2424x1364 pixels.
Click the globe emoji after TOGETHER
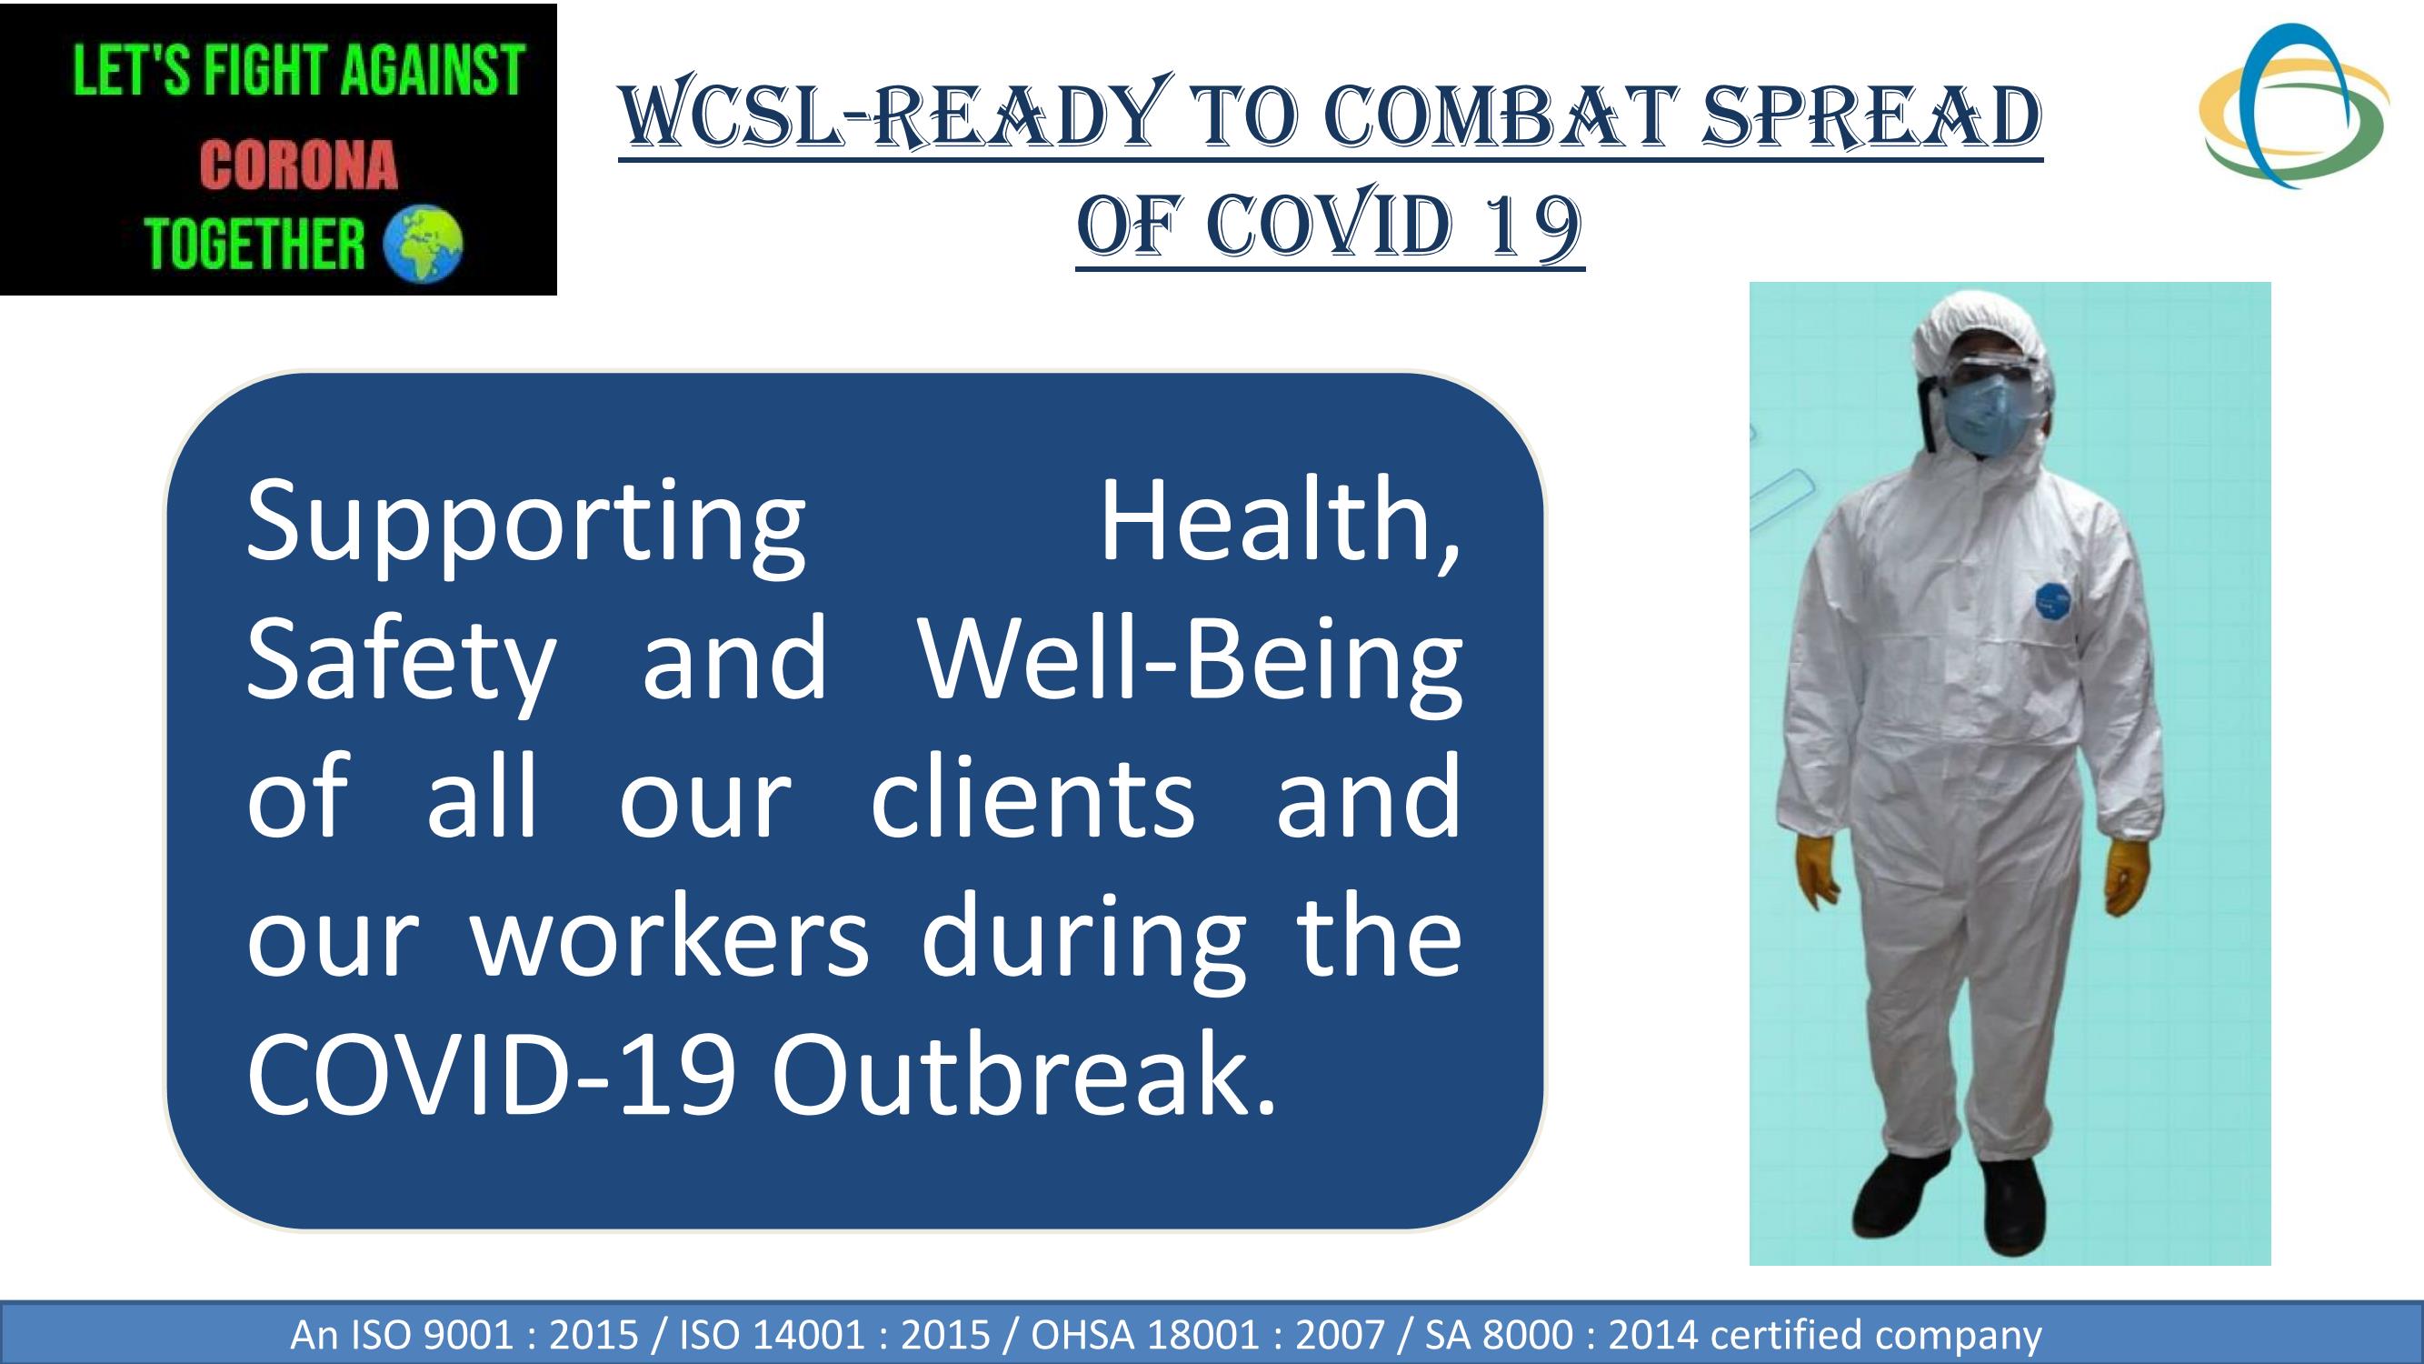(x=424, y=243)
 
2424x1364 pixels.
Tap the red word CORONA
(x=298, y=165)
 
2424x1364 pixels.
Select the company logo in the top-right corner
(x=2293, y=105)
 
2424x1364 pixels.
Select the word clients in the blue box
(x=1033, y=797)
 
